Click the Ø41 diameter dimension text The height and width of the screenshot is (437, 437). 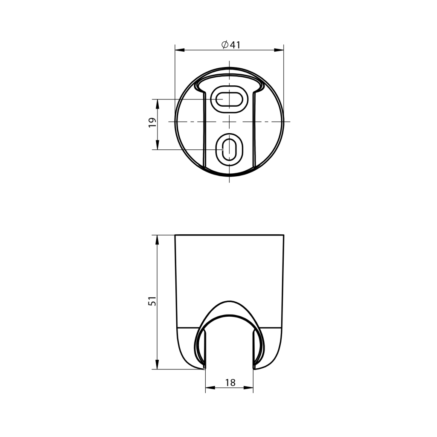click(231, 44)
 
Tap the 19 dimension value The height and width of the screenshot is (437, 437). click(152, 122)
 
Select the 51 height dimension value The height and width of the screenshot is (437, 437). click(152, 301)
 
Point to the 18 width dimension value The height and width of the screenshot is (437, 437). click(230, 383)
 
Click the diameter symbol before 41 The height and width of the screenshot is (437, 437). click(225, 44)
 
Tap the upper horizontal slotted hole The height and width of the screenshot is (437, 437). click(229, 99)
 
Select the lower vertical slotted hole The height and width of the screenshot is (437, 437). click(229, 149)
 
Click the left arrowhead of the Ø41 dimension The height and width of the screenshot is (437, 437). click(180, 50)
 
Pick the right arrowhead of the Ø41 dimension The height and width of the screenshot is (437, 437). click(279, 50)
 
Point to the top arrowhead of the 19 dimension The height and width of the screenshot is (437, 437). click(157, 104)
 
